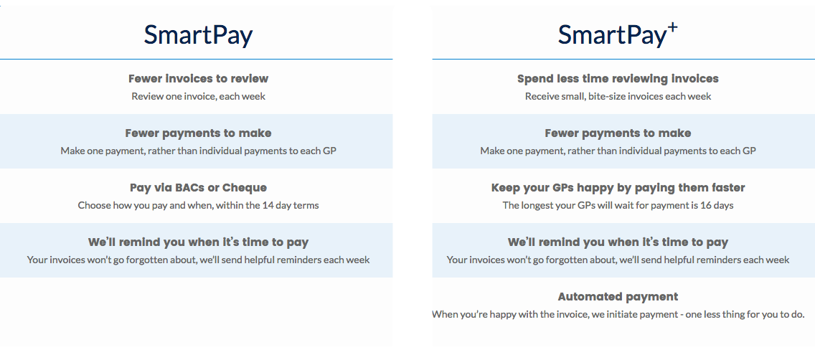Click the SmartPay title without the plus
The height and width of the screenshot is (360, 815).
coord(198,35)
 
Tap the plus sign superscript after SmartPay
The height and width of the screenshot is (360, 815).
coord(672,29)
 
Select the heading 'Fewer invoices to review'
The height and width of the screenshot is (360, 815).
coord(198,79)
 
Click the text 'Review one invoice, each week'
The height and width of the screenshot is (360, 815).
coord(198,96)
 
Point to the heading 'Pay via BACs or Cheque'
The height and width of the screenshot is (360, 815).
coord(198,188)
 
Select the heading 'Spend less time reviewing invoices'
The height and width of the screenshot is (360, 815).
coord(618,79)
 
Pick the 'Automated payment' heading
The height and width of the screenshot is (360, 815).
coord(618,297)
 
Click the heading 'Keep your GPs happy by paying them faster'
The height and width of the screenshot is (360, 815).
coord(618,188)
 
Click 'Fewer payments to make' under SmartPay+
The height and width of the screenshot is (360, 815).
coord(618,133)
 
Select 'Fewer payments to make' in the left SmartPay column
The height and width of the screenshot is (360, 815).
coord(198,133)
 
